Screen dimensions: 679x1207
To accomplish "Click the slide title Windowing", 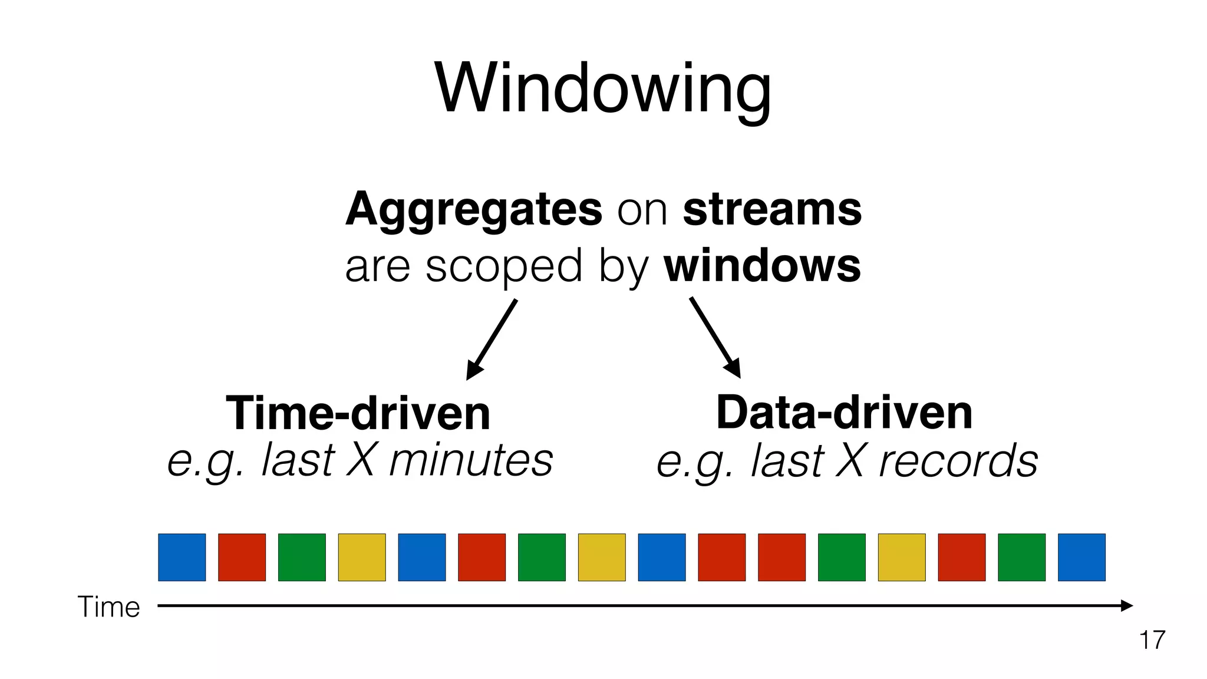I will (602, 88).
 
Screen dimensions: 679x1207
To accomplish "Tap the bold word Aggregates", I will (474, 210).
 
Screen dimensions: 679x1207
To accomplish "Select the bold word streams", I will (772, 210).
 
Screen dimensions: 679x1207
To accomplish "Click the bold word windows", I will (762, 266).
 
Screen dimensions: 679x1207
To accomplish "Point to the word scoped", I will (504, 266).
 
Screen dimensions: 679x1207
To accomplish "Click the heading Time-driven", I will (358, 413).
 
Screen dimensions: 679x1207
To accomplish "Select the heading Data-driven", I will (844, 413).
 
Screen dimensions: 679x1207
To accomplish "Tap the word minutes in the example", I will (471, 460).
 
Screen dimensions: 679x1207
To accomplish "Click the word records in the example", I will (958, 460).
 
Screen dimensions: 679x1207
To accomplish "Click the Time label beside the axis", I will (109, 607).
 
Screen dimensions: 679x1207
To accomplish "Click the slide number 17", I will (1152, 640).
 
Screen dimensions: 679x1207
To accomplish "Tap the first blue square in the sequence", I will (182, 558).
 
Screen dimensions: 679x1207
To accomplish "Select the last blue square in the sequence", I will (1081, 558).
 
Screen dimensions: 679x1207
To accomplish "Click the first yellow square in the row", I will (362, 558).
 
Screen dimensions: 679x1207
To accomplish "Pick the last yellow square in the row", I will (902, 558).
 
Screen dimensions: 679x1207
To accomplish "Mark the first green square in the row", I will (302, 558).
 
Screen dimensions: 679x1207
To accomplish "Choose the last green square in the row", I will (1021, 558).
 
